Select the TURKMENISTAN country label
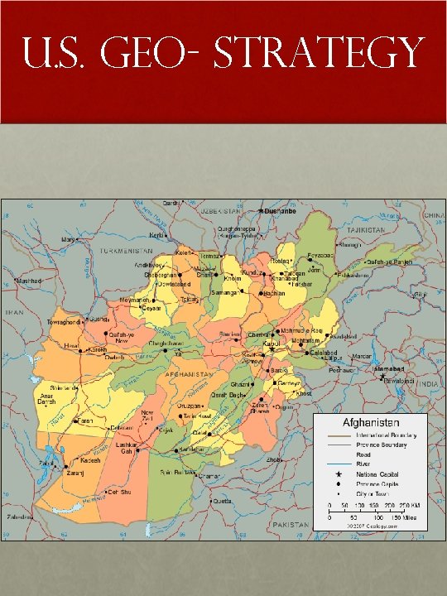[x=128, y=250]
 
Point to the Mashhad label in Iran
[x=31, y=281]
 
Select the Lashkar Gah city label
[x=127, y=448]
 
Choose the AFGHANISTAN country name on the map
[x=191, y=374]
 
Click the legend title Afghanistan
[x=369, y=421]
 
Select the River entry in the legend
[x=363, y=464]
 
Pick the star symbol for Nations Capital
[x=339, y=474]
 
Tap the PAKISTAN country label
[x=290, y=525]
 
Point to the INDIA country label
[x=429, y=385]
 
